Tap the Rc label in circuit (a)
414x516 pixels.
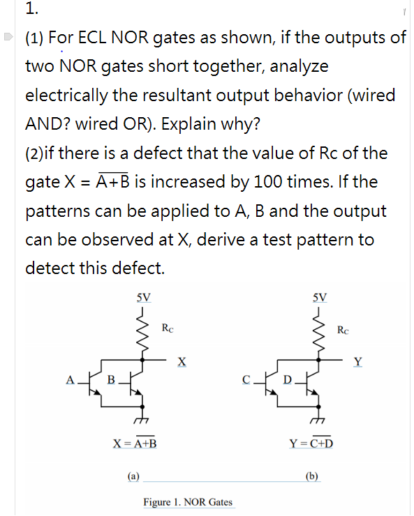[168, 326]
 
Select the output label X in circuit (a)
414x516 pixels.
[182, 361]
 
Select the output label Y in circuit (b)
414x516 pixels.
[358, 361]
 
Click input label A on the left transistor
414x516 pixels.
[69, 380]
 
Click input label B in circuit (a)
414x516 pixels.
[110, 380]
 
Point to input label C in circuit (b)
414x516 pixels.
[246, 380]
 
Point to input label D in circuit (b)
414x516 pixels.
[287, 380]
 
